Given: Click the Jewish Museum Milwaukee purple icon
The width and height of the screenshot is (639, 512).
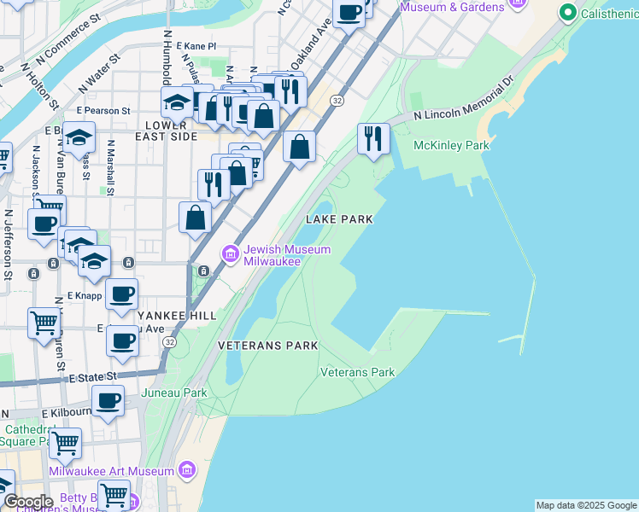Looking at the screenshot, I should point(229,254).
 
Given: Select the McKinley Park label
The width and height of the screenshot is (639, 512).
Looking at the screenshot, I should point(451,145).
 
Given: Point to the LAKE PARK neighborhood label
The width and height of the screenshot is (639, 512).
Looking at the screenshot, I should point(339,219).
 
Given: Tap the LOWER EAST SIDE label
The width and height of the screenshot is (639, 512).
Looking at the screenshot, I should point(166,136).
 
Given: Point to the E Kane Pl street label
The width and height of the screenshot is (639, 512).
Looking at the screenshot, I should point(195,46).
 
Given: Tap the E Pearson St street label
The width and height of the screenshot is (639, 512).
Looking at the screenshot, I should point(103,110).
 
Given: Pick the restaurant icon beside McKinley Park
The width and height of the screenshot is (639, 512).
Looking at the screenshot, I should point(373,139).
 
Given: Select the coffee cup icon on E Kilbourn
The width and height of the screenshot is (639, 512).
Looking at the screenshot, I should point(108,401).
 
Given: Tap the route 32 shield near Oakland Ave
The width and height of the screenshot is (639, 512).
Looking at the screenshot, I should point(338,101).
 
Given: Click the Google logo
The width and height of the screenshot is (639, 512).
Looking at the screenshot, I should point(27,501).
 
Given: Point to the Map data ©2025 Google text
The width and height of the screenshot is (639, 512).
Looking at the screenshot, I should point(585,505).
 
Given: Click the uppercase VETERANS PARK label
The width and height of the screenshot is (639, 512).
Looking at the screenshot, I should point(267,346).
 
